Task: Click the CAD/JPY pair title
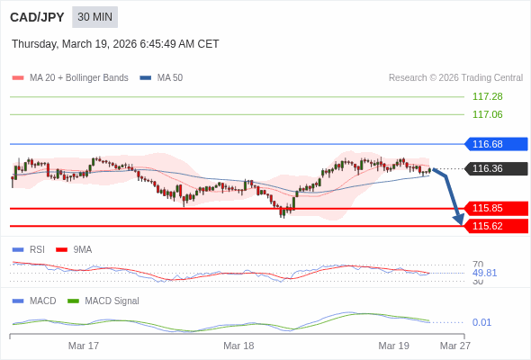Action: (37, 17)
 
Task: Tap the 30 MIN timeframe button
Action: (94, 17)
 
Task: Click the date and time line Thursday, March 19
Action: (115, 44)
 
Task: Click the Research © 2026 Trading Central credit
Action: (455, 78)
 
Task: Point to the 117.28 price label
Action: (487, 96)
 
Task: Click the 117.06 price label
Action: (487, 114)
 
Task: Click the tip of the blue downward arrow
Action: (460, 223)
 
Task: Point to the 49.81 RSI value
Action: (484, 273)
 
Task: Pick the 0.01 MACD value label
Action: (481, 322)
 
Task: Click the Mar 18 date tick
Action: (238, 346)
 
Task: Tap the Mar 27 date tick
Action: (454, 346)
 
